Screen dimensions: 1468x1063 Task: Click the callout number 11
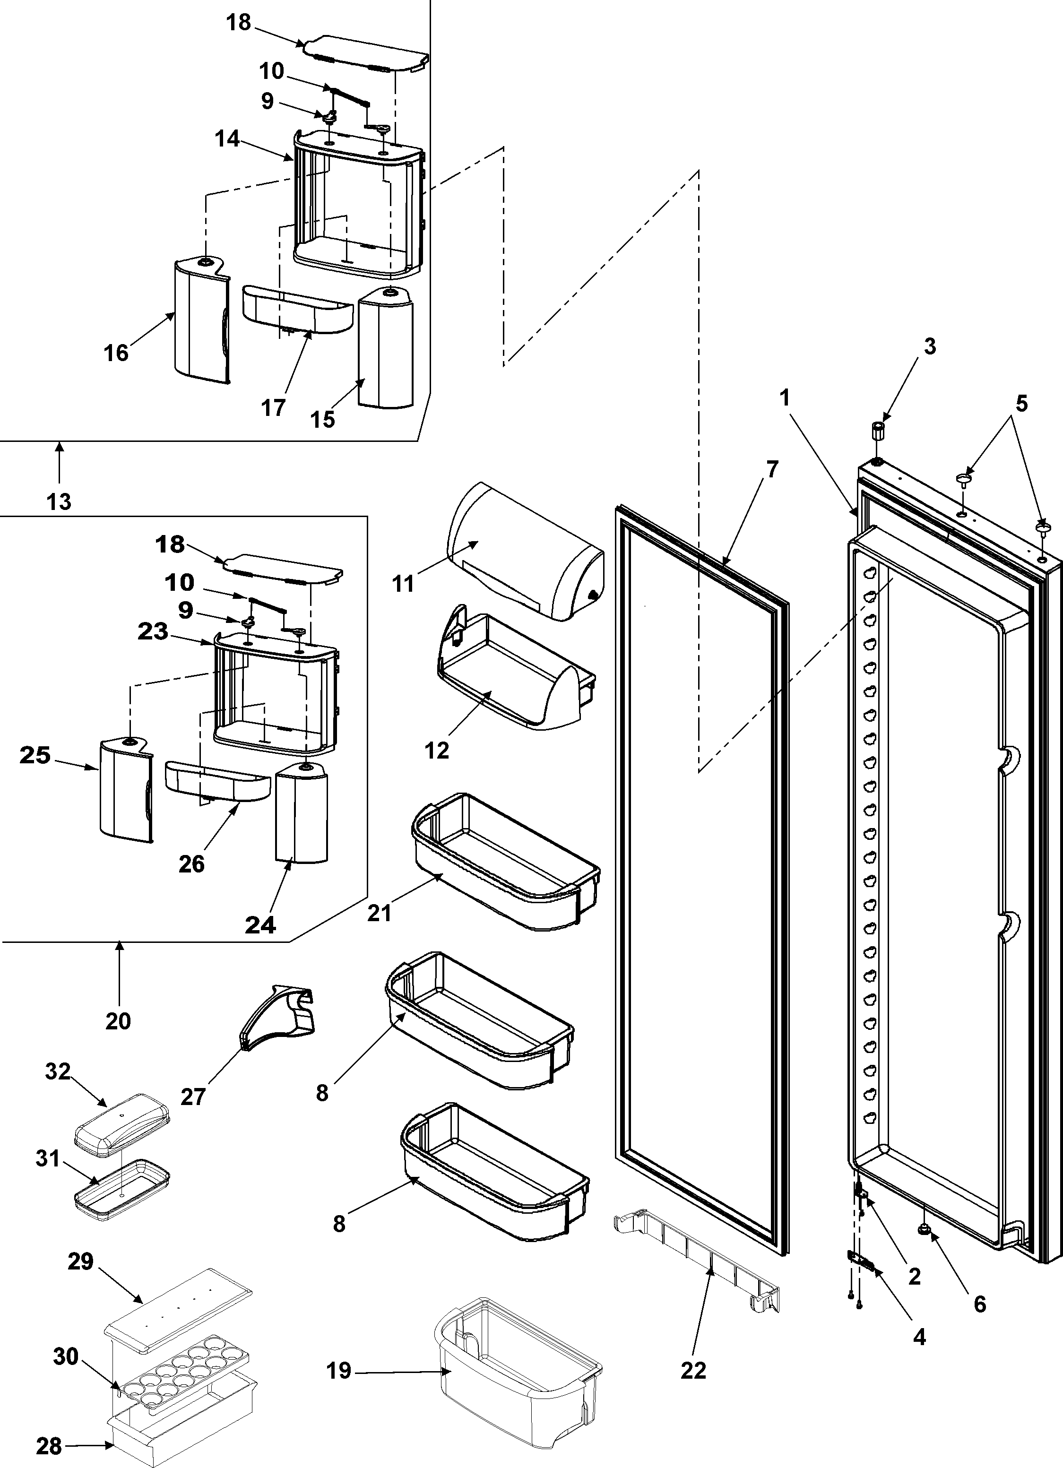pos(403,583)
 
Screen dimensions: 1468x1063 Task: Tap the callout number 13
pos(59,501)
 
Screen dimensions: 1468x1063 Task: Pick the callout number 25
pos(35,755)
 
